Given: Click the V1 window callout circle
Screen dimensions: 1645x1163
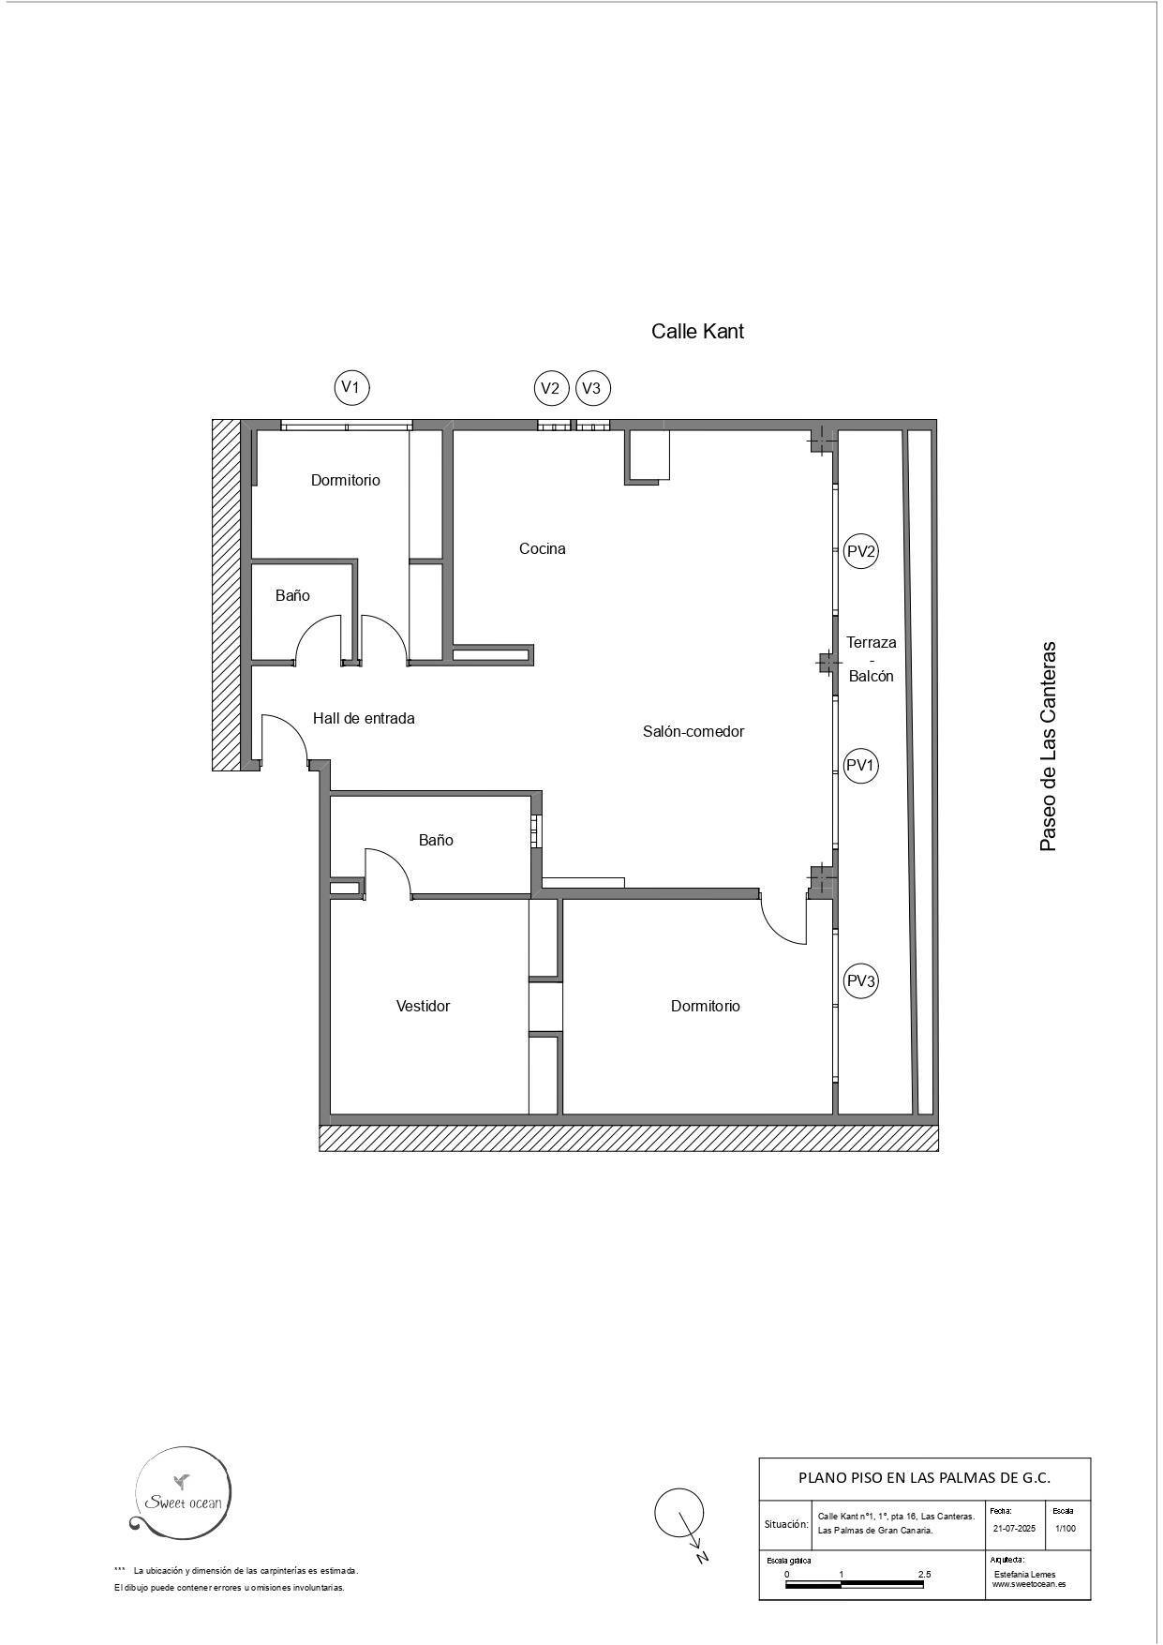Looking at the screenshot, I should pyautogui.click(x=352, y=386).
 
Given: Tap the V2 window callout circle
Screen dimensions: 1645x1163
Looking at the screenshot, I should pyautogui.click(x=552, y=388).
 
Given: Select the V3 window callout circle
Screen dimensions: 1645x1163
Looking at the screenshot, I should pyautogui.click(x=593, y=388).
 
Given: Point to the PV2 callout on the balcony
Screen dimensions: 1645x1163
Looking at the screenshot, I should pyautogui.click(x=860, y=551).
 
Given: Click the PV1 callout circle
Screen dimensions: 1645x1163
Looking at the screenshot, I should pyautogui.click(x=860, y=766).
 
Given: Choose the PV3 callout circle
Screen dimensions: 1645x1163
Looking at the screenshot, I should pyautogui.click(x=860, y=981).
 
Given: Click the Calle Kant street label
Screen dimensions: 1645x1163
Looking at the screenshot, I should pyautogui.click(x=697, y=331).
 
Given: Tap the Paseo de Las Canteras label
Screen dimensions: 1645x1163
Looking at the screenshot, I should pyautogui.click(x=1048, y=746).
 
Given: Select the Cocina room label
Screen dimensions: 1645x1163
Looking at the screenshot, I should pyautogui.click(x=542, y=548).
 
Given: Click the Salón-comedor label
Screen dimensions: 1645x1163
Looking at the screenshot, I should pyautogui.click(x=693, y=731).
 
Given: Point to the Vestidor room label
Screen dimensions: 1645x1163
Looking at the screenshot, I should pyautogui.click(x=423, y=1006).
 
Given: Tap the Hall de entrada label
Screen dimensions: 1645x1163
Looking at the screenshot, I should pyautogui.click(x=364, y=718).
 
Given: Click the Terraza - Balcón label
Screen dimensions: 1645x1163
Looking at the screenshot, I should pyautogui.click(x=871, y=659).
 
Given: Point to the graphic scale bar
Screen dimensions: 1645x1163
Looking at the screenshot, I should pyautogui.click(x=854, y=1585).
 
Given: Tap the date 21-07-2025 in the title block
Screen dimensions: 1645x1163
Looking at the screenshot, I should pyautogui.click(x=1014, y=1528).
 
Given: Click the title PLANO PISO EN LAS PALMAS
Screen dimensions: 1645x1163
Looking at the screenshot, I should pyautogui.click(x=924, y=1478).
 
